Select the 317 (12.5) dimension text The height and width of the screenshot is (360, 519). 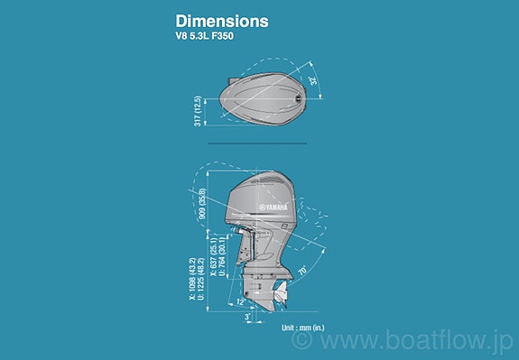(x=198, y=110)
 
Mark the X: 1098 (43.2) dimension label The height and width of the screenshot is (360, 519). (x=192, y=282)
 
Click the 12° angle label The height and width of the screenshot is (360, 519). (x=239, y=300)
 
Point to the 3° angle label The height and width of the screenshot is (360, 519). (x=246, y=318)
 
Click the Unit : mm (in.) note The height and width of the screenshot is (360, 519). (x=302, y=328)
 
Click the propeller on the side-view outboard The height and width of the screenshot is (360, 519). (x=281, y=291)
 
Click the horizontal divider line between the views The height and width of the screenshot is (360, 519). (x=257, y=143)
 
